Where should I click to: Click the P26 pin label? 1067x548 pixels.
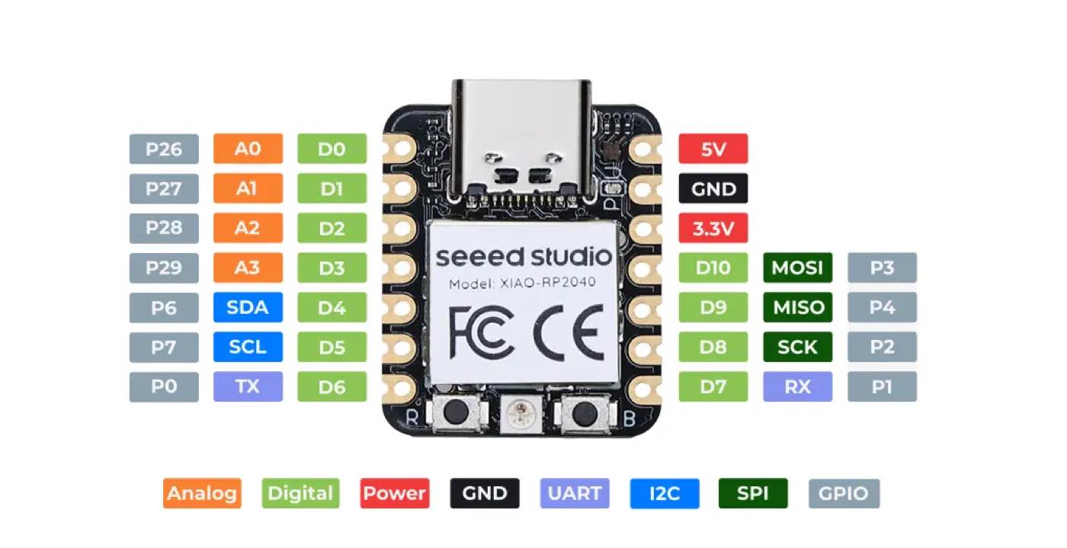[x=164, y=149]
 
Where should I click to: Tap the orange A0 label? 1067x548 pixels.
[x=248, y=149]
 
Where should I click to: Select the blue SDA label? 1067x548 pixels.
[x=248, y=307]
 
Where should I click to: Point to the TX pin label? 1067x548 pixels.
[x=248, y=386]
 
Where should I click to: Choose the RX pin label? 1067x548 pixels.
[x=798, y=386]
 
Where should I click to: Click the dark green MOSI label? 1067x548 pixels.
[x=798, y=268]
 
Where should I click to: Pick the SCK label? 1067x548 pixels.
[x=798, y=347]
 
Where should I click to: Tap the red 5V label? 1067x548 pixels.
[x=713, y=149]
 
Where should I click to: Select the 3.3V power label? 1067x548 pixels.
[x=713, y=228]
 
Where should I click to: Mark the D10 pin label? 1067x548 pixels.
[x=713, y=268]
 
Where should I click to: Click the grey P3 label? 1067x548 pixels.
[x=883, y=268]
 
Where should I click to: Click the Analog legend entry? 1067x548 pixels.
[x=202, y=493]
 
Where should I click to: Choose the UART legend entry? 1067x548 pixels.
[x=575, y=493]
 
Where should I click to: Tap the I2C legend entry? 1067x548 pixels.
[x=665, y=493]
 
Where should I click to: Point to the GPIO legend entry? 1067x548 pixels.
[x=844, y=493]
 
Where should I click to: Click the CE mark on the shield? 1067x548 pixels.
[x=569, y=333]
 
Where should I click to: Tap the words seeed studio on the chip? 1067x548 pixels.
[x=524, y=257]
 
